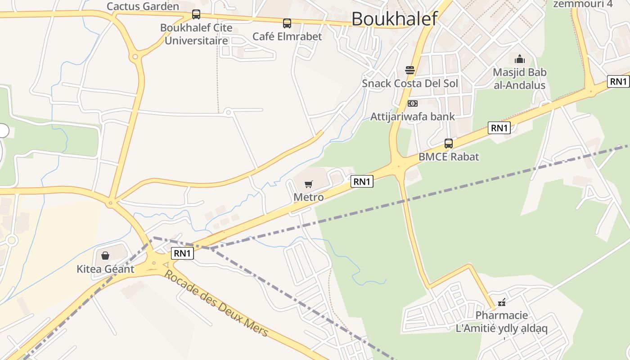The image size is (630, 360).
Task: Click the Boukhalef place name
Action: pos(394,19)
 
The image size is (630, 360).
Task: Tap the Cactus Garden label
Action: pos(143,6)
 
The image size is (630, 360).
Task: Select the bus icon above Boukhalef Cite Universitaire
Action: pos(196,14)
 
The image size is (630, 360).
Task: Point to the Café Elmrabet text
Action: pos(287,36)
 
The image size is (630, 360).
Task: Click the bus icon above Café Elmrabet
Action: pos(287,23)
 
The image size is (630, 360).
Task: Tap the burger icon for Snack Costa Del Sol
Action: pos(410,70)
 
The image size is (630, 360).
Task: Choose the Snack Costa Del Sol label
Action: pos(410,84)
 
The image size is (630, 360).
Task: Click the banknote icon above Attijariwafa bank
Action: pos(412,103)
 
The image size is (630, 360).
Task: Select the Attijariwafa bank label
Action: pos(412,117)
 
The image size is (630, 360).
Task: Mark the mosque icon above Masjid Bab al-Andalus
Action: pos(520,59)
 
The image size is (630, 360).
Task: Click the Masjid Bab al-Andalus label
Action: pos(519,79)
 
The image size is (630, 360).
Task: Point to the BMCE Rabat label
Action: pos(449,157)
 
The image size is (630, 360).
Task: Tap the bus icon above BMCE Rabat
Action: pos(449,144)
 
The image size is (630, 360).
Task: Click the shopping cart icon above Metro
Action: pos(308,184)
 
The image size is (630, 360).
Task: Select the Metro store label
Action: pos(308,197)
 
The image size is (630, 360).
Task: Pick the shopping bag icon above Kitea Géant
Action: pos(105,256)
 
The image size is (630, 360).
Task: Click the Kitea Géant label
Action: pos(105,269)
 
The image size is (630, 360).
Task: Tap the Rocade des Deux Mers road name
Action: pos(216,304)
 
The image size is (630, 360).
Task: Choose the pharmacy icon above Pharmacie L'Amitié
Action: pos(502,302)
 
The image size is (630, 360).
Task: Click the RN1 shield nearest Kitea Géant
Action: pos(182,253)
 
